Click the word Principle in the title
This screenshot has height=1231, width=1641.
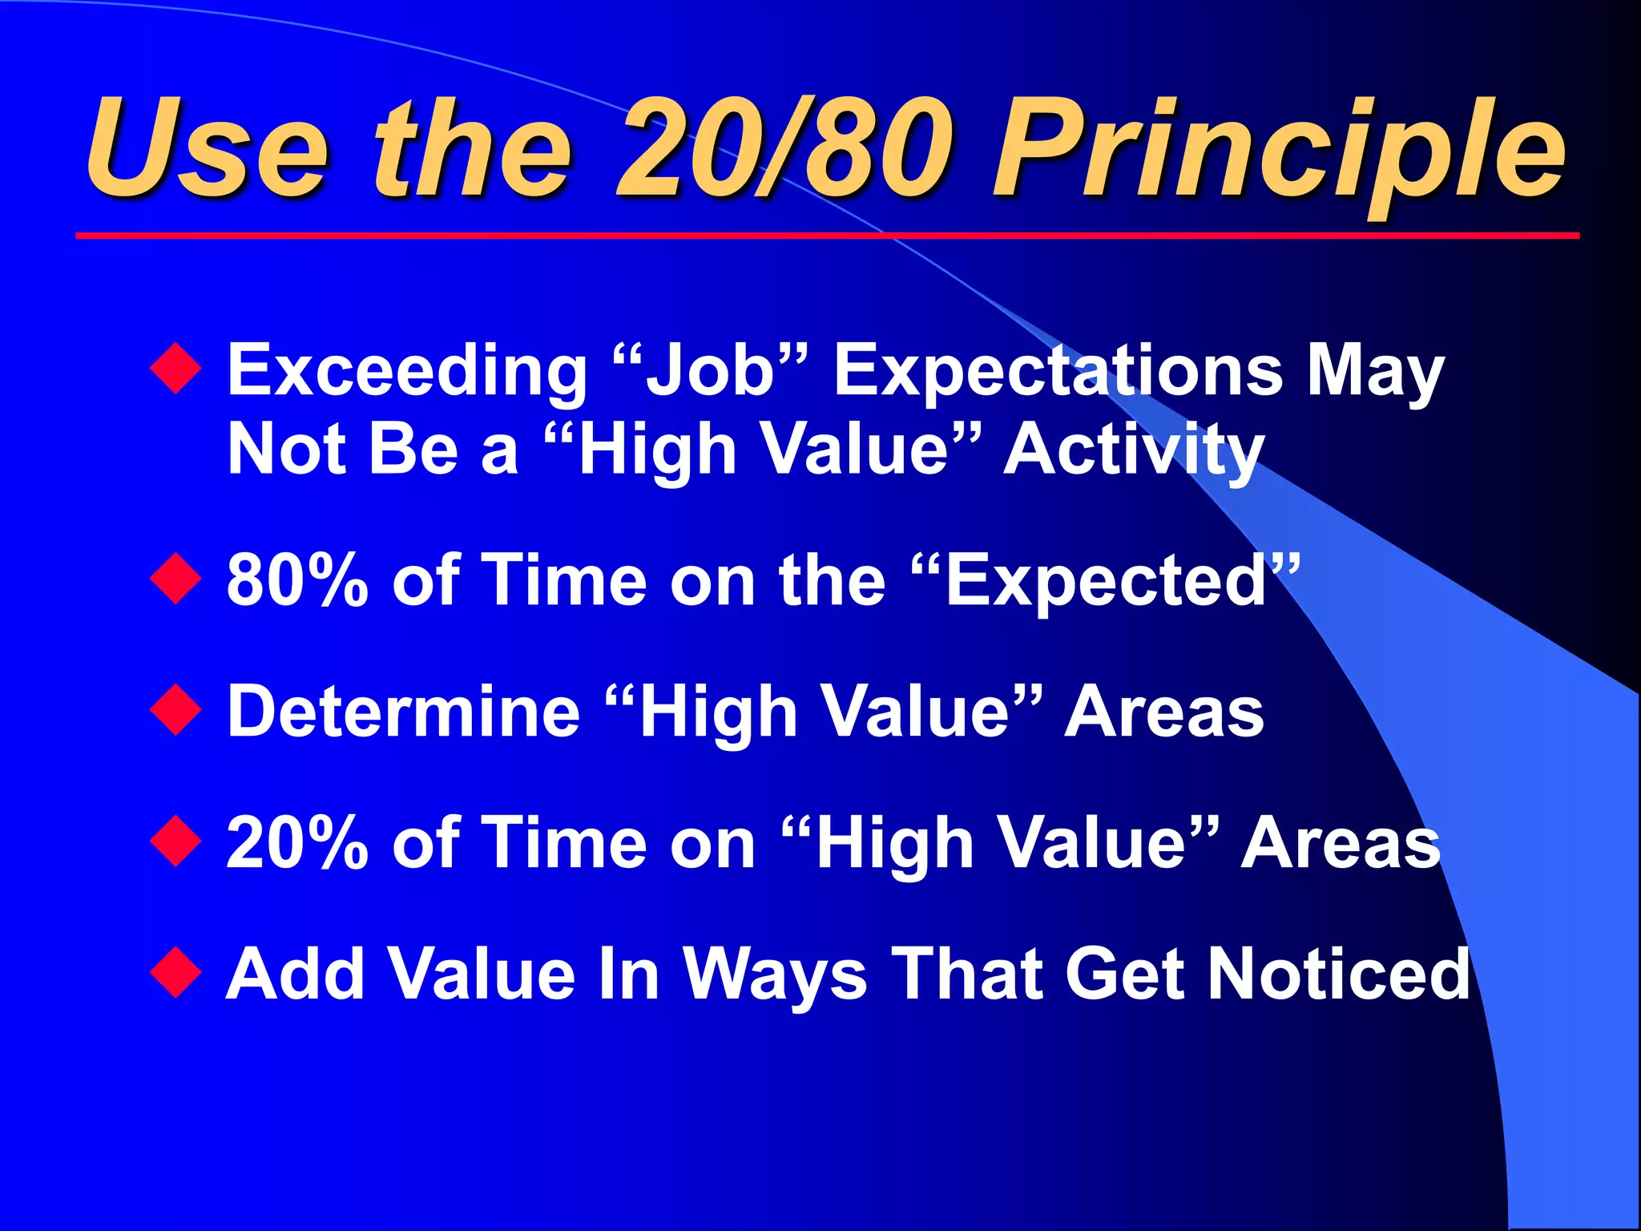[1278, 152]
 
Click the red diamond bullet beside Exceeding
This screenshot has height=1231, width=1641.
[175, 369]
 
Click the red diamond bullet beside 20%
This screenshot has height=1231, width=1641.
[175, 842]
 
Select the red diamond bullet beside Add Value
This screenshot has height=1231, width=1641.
[175, 973]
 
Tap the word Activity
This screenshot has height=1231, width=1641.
[1133, 450]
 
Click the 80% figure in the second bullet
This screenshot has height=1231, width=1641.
[297, 580]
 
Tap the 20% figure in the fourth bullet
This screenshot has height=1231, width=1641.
[297, 843]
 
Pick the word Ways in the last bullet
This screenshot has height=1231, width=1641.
[774, 975]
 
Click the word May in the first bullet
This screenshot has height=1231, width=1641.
[1375, 372]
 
